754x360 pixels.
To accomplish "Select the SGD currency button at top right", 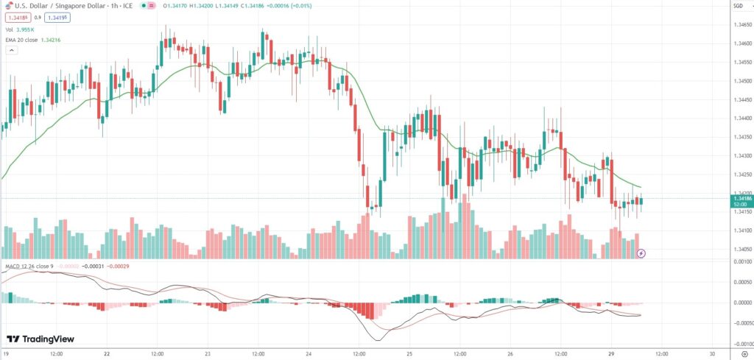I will pyautogui.click(x=737, y=6).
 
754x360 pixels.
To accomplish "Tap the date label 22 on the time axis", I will pyautogui.click(x=108, y=353).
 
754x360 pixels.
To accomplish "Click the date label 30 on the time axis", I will pyautogui.click(x=712, y=353).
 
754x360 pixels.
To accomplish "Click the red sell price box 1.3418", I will pyautogui.click(x=16, y=17).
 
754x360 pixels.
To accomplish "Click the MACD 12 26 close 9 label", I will pyautogui.click(x=29, y=266).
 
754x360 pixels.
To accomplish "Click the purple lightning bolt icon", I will pyautogui.click(x=641, y=253).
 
